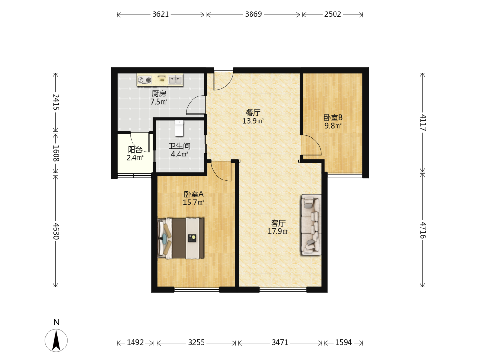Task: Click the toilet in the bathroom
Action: (179, 128)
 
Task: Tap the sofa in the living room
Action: (311, 225)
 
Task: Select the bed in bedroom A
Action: (181, 238)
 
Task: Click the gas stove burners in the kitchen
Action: (144, 80)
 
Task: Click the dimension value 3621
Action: (160, 14)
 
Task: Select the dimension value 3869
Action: (253, 14)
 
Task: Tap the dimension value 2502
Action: (333, 14)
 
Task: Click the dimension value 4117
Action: (423, 122)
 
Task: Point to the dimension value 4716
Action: (423, 230)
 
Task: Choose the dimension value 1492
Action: (135, 343)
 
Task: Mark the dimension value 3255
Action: (196, 343)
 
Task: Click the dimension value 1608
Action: (56, 153)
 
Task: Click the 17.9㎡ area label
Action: (278, 231)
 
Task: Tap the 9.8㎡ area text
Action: (333, 126)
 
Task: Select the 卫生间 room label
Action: (180, 146)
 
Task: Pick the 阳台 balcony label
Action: (135, 150)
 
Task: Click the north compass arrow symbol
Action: (56, 340)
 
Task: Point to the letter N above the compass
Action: (56, 323)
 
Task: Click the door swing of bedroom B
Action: (311, 145)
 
